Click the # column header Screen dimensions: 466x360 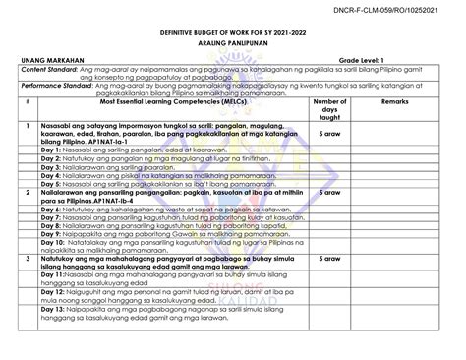31,101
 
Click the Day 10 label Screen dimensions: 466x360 57,245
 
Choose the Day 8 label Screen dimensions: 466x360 55,226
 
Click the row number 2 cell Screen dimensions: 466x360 31,194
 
